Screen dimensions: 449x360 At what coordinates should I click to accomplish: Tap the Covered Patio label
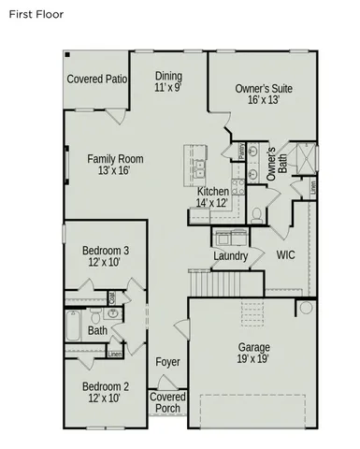96,80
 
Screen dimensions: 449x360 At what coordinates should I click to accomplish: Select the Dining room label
168,81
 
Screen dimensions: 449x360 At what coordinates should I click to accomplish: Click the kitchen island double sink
199,169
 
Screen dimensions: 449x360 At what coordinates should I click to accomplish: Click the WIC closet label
286,254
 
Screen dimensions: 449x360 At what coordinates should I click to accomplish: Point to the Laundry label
230,256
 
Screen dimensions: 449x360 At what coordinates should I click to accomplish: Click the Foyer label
168,362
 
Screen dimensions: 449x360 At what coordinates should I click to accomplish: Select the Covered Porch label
168,402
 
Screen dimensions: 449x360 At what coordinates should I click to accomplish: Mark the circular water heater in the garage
305,308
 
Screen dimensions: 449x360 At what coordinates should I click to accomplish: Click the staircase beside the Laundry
214,281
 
